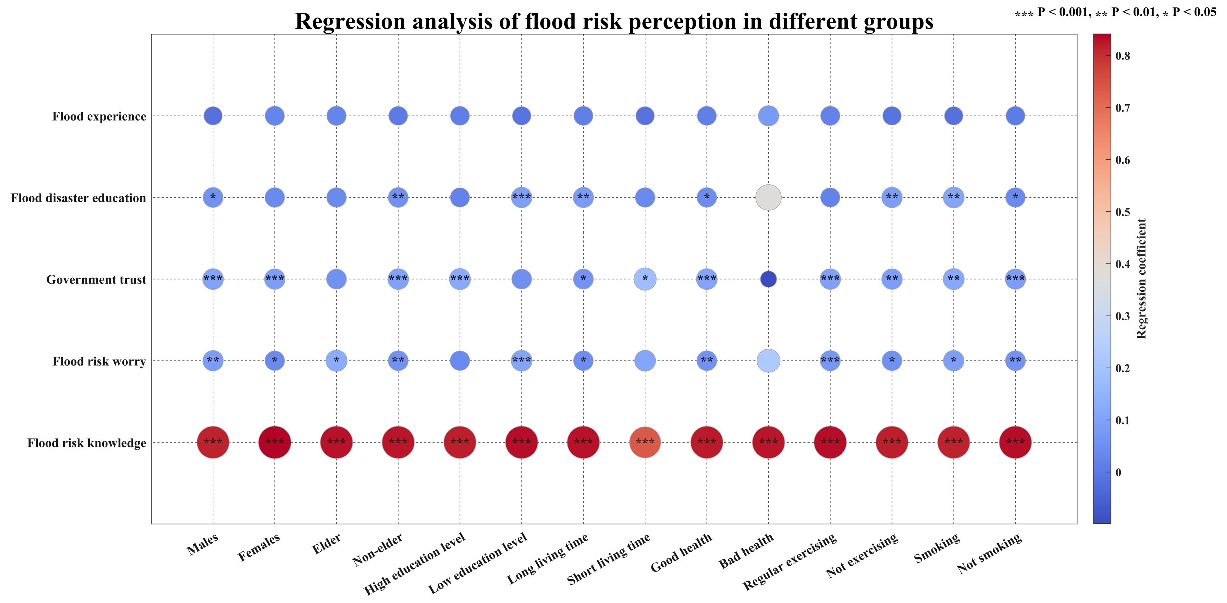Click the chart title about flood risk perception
click(613, 21)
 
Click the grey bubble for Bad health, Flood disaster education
click(768, 197)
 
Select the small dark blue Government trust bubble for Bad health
click(768, 279)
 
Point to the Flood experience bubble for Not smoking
click(1015, 116)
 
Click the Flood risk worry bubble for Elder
click(336, 360)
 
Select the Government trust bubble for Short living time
click(645, 279)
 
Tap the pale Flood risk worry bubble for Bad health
click(768, 360)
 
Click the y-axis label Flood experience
click(99, 117)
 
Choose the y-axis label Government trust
click(96, 280)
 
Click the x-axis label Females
click(259, 548)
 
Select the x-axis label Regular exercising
click(789, 561)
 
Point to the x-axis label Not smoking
click(989, 553)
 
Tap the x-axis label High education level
click(414, 564)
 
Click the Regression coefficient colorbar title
click(1141, 279)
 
